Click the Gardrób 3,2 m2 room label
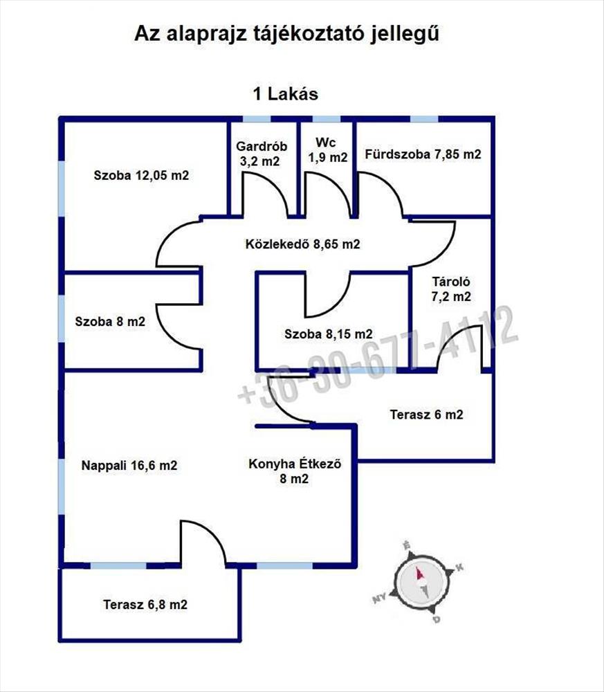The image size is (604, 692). pyautogui.click(x=262, y=154)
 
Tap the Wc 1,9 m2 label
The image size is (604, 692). pyautogui.click(x=327, y=149)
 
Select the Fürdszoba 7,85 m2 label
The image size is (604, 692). pyautogui.click(x=423, y=154)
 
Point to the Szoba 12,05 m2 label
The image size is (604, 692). pyautogui.click(x=141, y=175)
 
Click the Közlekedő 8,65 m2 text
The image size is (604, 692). pyautogui.click(x=302, y=244)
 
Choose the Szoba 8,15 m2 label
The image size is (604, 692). pyautogui.click(x=328, y=334)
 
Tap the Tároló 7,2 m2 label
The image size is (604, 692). pyautogui.click(x=451, y=289)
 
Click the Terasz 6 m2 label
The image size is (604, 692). pyautogui.click(x=427, y=415)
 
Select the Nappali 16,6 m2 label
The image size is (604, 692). pyautogui.click(x=129, y=465)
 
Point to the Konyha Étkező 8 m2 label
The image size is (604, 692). pyautogui.click(x=295, y=471)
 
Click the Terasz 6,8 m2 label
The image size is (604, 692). pyautogui.click(x=145, y=604)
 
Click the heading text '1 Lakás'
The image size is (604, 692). pyautogui.click(x=286, y=94)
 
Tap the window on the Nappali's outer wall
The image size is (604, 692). pyautogui.click(x=62, y=487)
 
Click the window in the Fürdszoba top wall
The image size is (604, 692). pyautogui.click(x=424, y=119)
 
